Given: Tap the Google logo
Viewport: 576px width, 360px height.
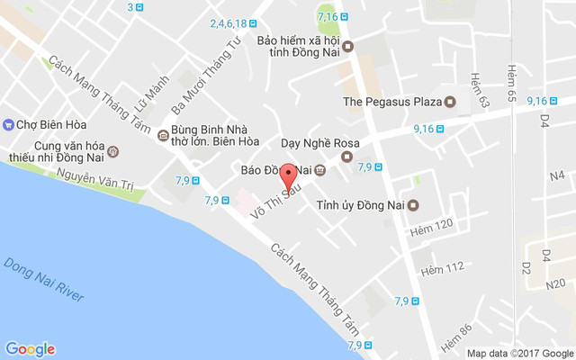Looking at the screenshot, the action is point(30,349).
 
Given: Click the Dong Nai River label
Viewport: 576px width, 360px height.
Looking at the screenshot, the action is point(44,280).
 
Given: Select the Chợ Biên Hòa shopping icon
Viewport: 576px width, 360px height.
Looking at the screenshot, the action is point(8,124).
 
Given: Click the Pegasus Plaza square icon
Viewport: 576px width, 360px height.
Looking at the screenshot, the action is point(453,102).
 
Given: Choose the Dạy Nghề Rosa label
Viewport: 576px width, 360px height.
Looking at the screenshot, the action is point(320,144).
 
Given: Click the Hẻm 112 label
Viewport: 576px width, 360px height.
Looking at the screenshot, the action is point(441,267).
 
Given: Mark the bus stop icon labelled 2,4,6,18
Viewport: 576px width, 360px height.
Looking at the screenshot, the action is point(255,24).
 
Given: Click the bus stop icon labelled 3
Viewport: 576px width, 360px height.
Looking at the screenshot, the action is point(141,7).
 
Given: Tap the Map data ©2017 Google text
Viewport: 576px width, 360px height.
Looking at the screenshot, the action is point(520,353).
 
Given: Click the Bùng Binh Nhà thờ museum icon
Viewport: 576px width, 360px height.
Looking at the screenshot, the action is point(162,136).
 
